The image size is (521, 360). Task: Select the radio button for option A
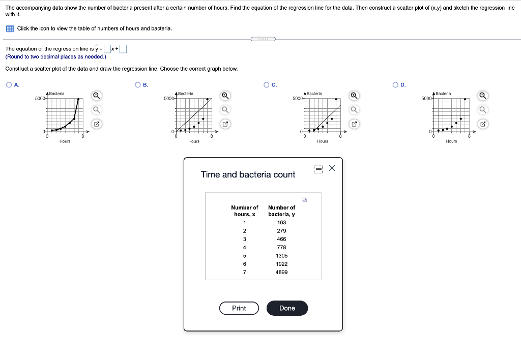coord(9,85)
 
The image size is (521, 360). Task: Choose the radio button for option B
coord(137,85)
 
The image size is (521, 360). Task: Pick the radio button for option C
coord(266,85)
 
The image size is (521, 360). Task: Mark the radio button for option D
coord(395,85)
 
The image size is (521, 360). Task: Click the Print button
coord(239,308)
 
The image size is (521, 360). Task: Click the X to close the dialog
coord(332,168)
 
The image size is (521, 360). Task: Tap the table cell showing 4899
coord(281,272)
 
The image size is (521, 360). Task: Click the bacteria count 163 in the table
coord(281,222)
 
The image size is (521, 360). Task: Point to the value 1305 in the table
coord(281,256)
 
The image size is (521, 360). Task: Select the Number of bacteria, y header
coord(281,211)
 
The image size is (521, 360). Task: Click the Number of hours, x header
coord(244,211)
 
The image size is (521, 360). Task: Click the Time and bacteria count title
coord(248,174)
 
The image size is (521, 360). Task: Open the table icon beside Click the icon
coord(10,28)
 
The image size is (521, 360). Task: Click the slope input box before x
coord(107,49)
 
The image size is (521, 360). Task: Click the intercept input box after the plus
coord(123,49)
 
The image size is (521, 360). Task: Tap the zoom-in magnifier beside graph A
coord(97,96)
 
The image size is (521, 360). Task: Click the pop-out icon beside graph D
coord(483,124)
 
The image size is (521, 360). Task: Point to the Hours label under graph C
coord(323,141)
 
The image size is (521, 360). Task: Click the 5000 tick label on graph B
coord(169,98)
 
